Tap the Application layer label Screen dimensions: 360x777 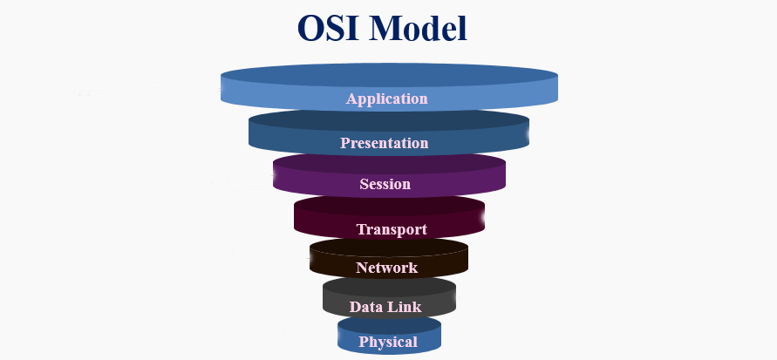[x=387, y=98]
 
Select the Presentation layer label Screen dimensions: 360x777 [x=385, y=143]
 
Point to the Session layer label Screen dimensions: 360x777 [x=385, y=185]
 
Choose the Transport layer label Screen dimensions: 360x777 [x=392, y=230]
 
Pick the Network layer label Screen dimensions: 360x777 [x=386, y=268]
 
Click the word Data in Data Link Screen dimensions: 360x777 [x=366, y=307]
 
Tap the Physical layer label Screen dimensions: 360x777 [x=388, y=342]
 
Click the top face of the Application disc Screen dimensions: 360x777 [x=389, y=75]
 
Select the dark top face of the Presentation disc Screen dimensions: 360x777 [x=389, y=120]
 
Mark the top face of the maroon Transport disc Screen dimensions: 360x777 [x=389, y=207]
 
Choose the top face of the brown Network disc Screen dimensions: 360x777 [x=389, y=248]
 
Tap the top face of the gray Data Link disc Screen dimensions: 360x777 [x=389, y=287]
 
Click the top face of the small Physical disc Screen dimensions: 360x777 [x=389, y=324]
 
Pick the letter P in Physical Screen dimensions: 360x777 [x=364, y=342]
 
